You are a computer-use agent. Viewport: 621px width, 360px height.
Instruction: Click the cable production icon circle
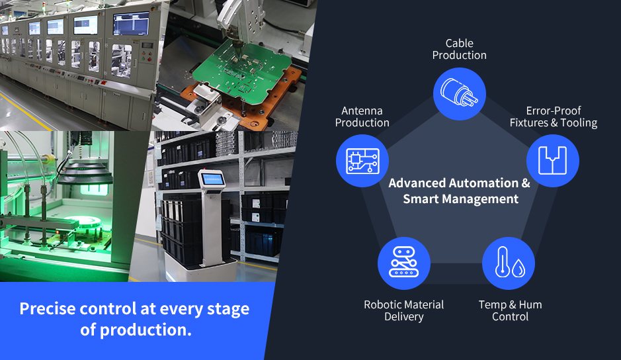[460, 94]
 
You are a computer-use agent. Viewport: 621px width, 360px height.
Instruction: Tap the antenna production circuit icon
[362, 161]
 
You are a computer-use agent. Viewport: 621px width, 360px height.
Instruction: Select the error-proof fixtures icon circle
[552, 161]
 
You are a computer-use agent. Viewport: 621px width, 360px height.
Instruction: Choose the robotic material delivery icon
[404, 263]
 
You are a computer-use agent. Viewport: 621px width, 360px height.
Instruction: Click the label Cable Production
[460, 49]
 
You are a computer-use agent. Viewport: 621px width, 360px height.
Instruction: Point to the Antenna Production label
[362, 116]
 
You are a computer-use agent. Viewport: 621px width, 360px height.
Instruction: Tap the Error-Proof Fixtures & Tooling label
[554, 116]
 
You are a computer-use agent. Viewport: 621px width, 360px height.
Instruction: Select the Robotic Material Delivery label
[404, 310]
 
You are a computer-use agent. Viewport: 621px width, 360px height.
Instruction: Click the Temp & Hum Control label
[510, 310]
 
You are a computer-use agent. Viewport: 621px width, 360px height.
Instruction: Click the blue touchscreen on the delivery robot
[213, 179]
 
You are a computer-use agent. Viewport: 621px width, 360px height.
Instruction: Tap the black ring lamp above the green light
[85, 174]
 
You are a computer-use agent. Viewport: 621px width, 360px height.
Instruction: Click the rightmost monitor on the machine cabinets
[131, 24]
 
